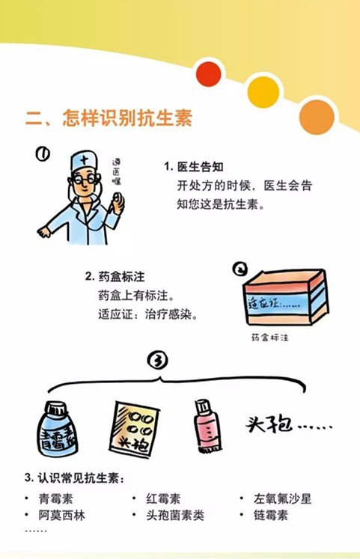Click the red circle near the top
209,74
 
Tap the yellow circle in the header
263,91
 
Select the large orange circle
317,117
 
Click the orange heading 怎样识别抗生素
127,117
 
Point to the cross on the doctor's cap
85,159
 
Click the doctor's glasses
85,179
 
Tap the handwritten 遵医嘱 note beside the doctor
117,172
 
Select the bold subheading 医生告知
201,166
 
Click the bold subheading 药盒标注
121,277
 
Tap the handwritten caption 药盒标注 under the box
270,337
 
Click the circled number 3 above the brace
157,361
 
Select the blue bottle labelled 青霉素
58,429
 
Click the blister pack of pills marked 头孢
134,430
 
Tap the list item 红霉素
163,498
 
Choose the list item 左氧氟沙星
282,498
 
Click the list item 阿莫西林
61,515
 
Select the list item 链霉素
270,515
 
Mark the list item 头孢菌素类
175,515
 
